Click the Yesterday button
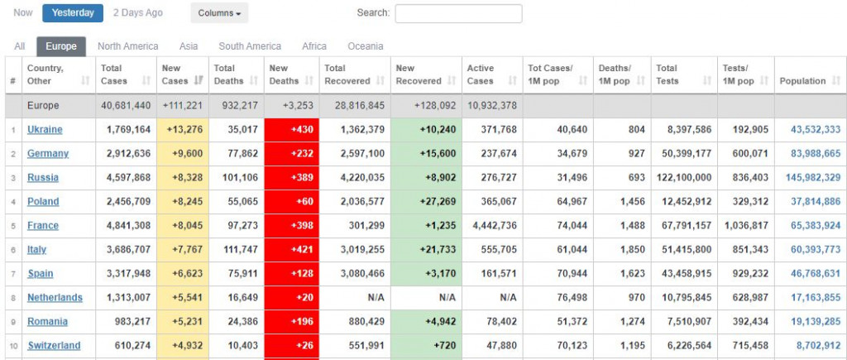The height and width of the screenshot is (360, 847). [73, 12]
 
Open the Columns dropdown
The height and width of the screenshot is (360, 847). [218, 13]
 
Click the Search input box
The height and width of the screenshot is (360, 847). [458, 13]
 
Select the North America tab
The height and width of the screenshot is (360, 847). [127, 46]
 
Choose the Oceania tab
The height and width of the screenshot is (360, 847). [365, 46]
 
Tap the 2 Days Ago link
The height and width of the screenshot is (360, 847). [137, 12]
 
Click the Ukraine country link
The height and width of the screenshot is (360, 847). [45, 130]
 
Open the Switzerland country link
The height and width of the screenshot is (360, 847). [54, 346]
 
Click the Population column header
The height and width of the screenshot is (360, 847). [802, 81]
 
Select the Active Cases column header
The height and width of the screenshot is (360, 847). [481, 74]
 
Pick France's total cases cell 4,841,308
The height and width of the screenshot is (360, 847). [126, 226]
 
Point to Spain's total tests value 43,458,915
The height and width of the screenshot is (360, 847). [683, 274]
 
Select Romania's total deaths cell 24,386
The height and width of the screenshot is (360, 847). [237, 322]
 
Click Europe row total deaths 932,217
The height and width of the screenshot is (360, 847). [237, 106]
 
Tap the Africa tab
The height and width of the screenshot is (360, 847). [314, 46]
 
